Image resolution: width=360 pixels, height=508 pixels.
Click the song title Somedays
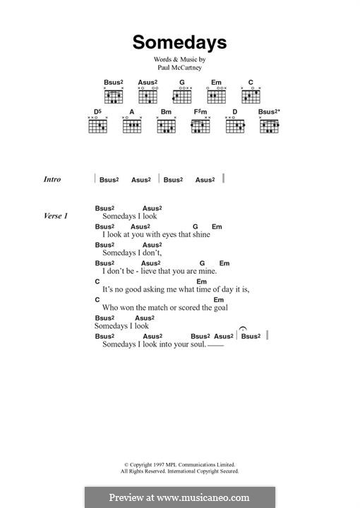point(179,42)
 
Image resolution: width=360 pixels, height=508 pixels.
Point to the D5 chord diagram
point(97,126)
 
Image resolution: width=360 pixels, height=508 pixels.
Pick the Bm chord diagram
point(166,126)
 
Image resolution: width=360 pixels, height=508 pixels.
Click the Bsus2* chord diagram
point(269,126)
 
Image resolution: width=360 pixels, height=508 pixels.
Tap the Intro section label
point(52,180)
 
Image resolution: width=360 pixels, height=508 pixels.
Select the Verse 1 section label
point(55,215)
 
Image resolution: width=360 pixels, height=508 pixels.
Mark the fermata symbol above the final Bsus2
point(244,329)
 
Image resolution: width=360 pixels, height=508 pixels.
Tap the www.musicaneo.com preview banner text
point(179,497)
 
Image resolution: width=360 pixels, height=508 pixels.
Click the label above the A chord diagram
point(131,111)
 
